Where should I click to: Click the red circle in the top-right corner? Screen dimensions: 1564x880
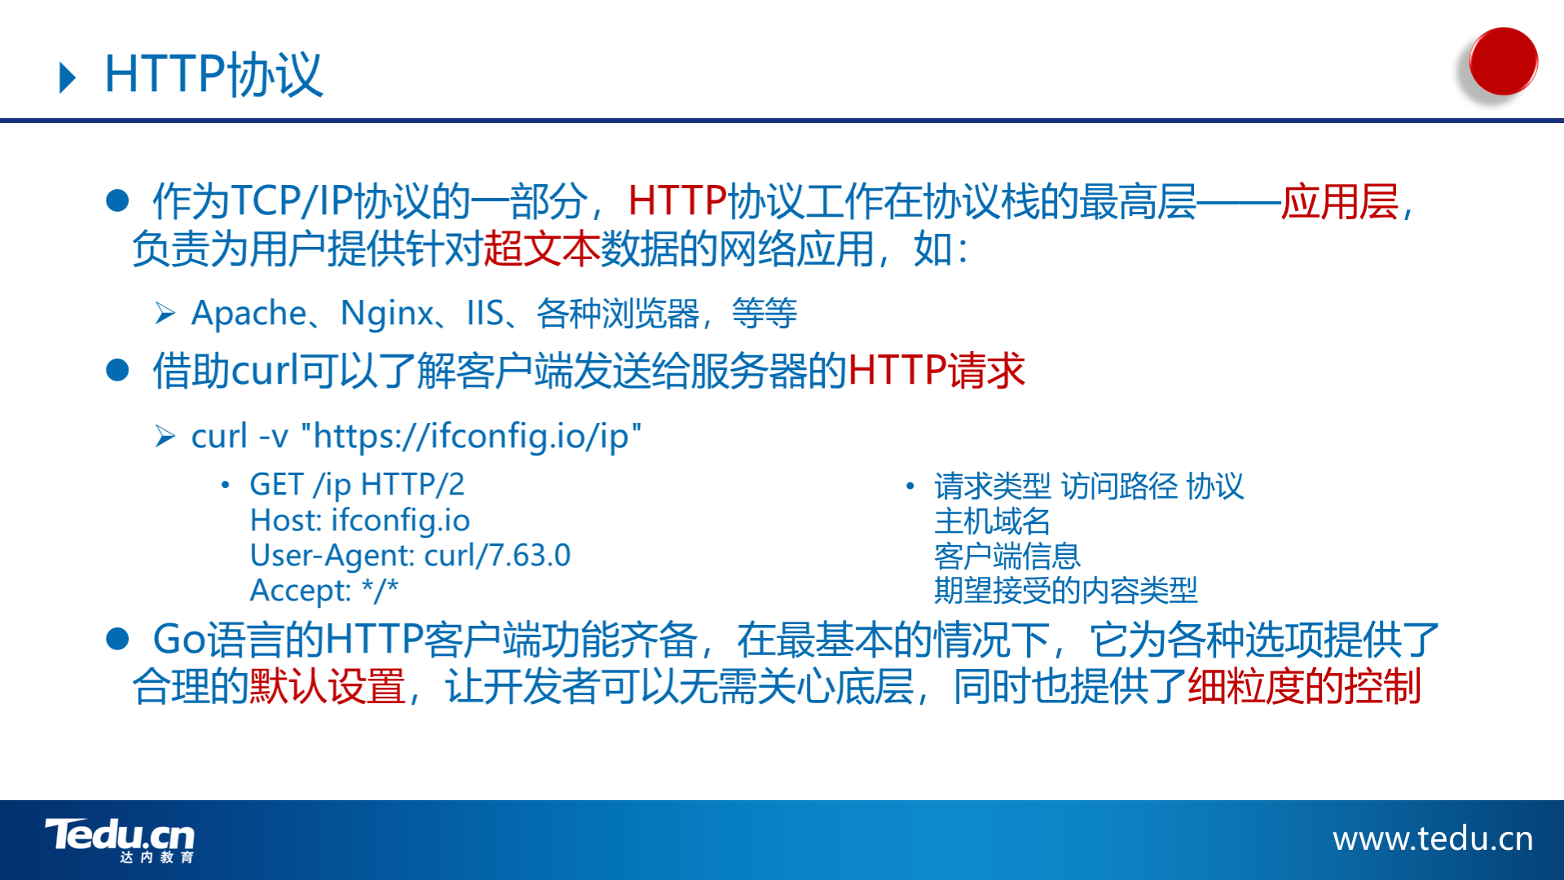(x=1503, y=61)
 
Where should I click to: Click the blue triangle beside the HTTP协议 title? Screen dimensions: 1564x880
(x=68, y=77)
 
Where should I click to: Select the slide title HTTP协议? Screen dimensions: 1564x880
(x=214, y=75)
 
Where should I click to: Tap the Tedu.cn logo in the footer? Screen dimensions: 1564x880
(x=121, y=839)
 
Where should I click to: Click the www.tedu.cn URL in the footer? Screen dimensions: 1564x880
(x=1433, y=838)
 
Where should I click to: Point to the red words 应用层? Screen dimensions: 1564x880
(x=1340, y=201)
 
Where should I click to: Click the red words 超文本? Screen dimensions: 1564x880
(x=541, y=249)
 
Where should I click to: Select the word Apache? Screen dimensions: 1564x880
(x=249, y=314)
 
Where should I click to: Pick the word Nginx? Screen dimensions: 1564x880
(x=387, y=314)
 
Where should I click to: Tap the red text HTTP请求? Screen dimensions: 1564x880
(x=936, y=371)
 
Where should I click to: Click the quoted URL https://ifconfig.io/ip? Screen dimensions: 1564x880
(x=470, y=436)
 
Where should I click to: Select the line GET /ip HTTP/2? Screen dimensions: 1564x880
(x=357, y=485)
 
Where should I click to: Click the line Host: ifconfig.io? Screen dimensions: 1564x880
(x=359, y=520)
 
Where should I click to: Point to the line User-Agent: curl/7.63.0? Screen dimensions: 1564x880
(x=410, y=555)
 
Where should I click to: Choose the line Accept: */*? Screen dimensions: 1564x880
(x=324, y=590)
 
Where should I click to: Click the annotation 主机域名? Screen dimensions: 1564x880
(x=992, y=521)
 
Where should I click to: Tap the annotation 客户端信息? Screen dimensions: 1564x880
(x=1007, y=556)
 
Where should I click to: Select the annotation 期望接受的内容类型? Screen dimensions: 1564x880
(x=1065, y=590)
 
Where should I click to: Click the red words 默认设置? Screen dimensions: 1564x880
(x=327, y=686)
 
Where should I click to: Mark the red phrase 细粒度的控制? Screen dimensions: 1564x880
(x=1304, y=686)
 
